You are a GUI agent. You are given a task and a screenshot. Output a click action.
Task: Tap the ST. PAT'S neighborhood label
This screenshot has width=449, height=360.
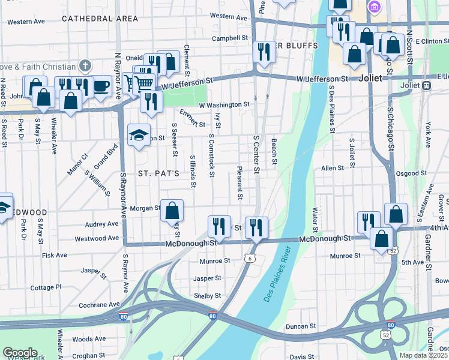159,173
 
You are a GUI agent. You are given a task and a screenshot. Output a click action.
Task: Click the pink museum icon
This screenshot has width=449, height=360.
375,7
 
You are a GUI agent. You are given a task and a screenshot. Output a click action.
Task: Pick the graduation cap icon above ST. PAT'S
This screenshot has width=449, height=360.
139,134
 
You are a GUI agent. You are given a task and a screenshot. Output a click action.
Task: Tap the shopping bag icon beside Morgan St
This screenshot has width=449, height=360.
172,211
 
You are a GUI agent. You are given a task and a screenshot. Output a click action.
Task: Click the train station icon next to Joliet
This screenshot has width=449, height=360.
427,85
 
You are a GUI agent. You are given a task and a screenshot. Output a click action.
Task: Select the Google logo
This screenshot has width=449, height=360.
20,353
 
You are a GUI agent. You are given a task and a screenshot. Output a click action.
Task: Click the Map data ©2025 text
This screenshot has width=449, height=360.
424,355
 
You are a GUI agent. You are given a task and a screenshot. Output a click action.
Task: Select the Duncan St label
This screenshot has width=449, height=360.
301,326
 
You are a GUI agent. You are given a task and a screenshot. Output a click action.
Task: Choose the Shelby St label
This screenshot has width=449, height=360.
208,296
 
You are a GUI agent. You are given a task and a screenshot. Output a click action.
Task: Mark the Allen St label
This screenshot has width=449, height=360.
332,169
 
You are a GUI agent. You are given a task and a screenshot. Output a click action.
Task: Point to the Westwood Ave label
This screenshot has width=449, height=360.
95,238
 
